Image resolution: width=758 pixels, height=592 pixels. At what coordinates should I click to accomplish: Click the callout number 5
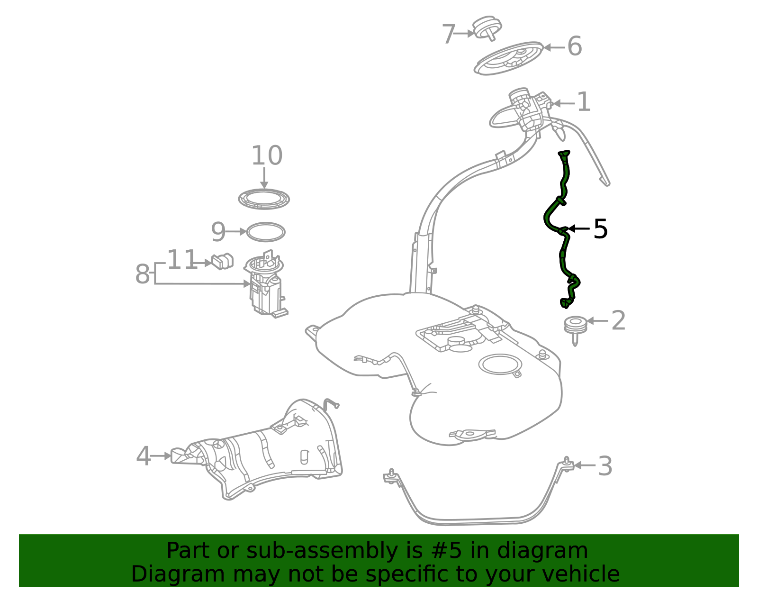600,229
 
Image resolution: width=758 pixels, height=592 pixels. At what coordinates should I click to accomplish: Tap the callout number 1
584,102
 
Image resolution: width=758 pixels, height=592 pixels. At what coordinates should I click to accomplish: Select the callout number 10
267,156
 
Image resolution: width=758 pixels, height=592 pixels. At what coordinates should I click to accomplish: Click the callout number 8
143,274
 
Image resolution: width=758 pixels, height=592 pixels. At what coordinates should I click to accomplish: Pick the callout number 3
605,466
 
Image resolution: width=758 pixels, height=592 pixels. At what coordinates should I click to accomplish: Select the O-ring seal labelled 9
266,232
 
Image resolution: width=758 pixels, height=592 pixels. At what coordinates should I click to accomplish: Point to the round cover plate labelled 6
509,58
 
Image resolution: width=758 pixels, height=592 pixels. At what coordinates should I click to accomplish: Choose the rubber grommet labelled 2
575,327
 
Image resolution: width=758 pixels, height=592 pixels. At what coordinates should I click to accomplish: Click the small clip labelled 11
222,261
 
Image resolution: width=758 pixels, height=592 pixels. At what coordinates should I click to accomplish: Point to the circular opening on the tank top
500,364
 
